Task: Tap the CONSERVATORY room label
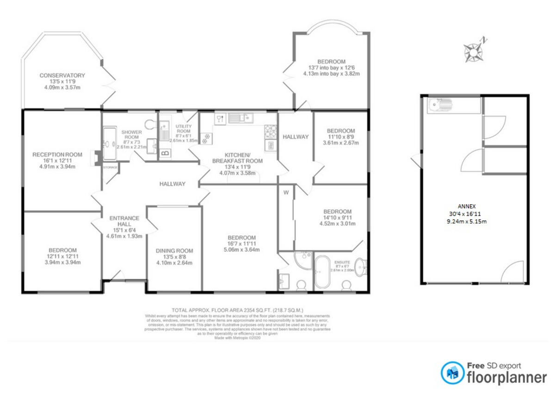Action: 62,75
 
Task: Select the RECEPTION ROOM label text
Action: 57,155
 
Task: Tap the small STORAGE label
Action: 110,167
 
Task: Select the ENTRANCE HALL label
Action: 124,221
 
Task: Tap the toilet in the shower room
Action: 149,124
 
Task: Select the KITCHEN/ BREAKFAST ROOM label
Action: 237,158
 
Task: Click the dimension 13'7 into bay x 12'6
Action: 331,68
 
